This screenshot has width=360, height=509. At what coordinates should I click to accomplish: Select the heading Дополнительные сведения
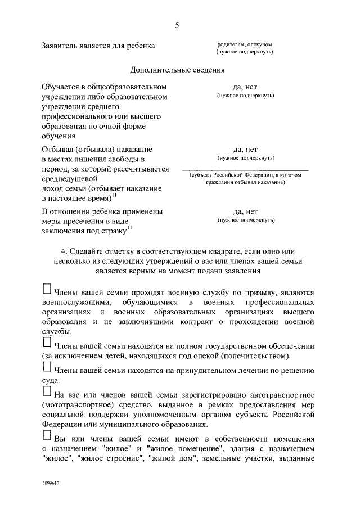pyautogui.click(x=178, y=70)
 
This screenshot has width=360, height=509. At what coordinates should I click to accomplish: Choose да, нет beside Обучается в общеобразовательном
pyautogui.click(x=245, y=88)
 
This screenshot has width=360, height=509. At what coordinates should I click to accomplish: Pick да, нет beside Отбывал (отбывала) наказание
pyautogui.click(x=245, y=150)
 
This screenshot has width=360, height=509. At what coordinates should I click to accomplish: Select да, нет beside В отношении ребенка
pyautogui.click(x=245, y=212)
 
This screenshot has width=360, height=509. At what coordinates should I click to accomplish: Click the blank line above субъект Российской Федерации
pyautogui.click(x=245, y=169)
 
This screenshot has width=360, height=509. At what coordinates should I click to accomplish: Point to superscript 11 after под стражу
pyautogui.click(x=129, y=227)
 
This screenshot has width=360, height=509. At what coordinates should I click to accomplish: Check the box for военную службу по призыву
pyautogui.click(x=47, y=289)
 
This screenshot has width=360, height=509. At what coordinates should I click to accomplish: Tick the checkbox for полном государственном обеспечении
pyautogui.click(x=47, y=342)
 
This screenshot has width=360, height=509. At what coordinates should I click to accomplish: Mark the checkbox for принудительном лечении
pyautogui.click(x=47, y=366)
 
